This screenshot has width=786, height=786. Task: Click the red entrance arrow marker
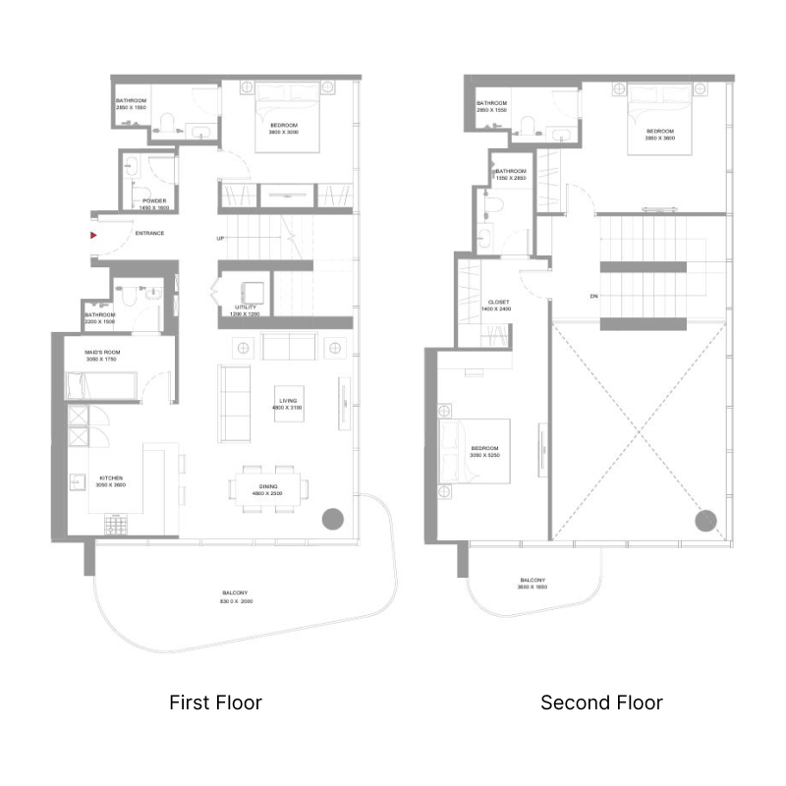coord(93,236)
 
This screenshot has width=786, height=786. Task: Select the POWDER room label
coord(155,200)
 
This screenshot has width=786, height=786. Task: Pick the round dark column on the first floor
coord(333,518)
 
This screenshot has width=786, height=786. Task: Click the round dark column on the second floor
coord(705,521)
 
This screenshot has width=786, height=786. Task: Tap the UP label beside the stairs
coord(221,239)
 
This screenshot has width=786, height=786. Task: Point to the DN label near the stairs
coord(593,296)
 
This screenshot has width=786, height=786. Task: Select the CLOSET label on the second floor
coord(498,303)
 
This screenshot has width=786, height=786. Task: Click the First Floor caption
coord(215,702)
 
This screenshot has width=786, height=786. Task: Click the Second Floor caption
coord(601,702)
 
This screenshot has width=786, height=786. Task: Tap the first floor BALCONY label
coord(234,593)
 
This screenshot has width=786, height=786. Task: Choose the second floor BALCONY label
coord(533,581)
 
